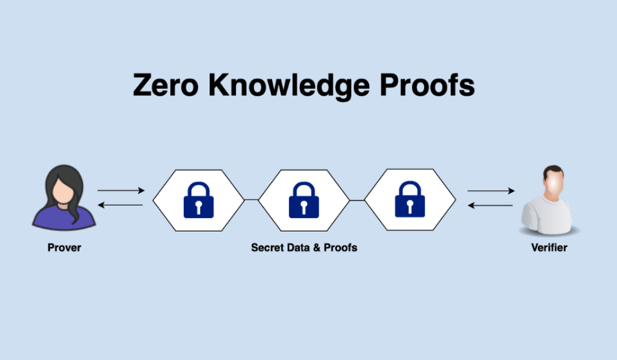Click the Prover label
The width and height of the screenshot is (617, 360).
click(x=64, y=247)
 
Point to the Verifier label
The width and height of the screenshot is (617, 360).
click(x=549, y=247)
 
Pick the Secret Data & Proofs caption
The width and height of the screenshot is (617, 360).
click(x=304, y=247)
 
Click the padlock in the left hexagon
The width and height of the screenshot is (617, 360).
click(x=198, y=200)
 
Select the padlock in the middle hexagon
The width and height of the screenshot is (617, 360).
click(x=304, y=200)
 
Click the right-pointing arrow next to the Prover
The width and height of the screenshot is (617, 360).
click(x=121, y=191)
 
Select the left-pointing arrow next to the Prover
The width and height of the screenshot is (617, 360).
click(x=121, y=205)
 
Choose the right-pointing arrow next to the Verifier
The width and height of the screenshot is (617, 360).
click(x=491, y=191)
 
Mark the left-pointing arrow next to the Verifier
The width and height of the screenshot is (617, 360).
click(x=491, y=205)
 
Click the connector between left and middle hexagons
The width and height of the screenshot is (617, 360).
click(x=251, y=200)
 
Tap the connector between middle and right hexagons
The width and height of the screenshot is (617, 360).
click(x=357, y=200)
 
